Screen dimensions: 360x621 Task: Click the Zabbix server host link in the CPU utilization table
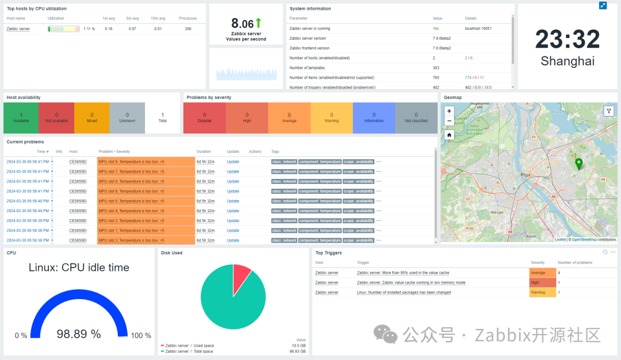(x=18, y=29)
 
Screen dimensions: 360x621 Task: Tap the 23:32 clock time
(x=568, y=40)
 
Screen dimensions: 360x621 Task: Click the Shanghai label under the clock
(x=568, y=61)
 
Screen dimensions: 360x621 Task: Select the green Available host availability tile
(x=21, y=117)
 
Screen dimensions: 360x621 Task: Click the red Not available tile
(x=56, y=117)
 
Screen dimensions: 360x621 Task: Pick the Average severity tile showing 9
(x=289, y=117)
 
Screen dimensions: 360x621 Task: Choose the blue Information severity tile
(x=374, y=117)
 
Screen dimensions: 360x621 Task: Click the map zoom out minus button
(x=449, y=121)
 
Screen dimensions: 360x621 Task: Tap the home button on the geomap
(x=449, y=135)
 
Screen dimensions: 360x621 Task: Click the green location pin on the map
(x=579, y=164)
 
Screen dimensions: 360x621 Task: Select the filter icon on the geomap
(x=608, y=111)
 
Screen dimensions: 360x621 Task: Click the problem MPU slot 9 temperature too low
(x=131, y=162)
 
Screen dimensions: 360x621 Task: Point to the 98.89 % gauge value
(x=79, y=334)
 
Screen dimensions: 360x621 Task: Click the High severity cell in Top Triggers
(x=542, y=282)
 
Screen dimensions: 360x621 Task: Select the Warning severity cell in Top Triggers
(x=542, y=293)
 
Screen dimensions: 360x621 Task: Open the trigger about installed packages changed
(x=404, y=293)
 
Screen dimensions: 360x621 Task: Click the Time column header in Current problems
(x=42, y=152)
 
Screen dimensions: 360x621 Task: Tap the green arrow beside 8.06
(x=258, y=23)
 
